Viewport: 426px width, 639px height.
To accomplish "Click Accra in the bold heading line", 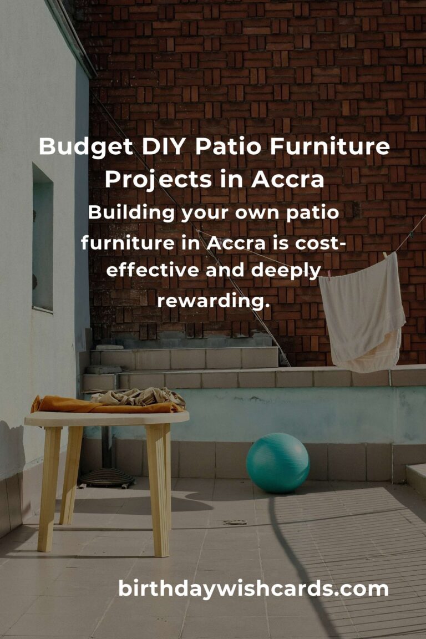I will pyautogui.click(x=287, y=180).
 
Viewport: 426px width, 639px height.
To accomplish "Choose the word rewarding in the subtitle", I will pyautogui.click(x=213, y=301).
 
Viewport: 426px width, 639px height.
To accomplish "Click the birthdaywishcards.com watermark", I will pyautogui.click(x=253, y=589).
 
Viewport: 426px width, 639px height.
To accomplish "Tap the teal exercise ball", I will pyautogui.click(x=277, y=463).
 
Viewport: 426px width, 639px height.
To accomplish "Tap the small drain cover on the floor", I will pyautogui.click(x=235, y=522).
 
